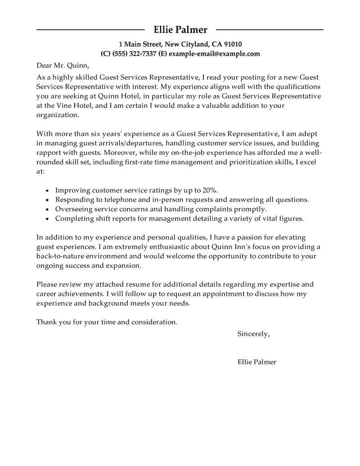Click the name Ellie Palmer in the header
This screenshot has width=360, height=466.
(180, 30)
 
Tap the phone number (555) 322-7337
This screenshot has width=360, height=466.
(135, 54)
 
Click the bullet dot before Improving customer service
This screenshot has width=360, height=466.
(48, 190)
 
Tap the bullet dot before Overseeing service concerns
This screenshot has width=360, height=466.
(48, 210)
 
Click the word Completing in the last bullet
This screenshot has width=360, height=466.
(72, 219)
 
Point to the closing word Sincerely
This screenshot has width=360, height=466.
(253, 334)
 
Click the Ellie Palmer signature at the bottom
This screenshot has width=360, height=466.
(256, 362)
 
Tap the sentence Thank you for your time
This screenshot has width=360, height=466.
(107, 322)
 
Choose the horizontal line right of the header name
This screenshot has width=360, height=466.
(270, 30)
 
